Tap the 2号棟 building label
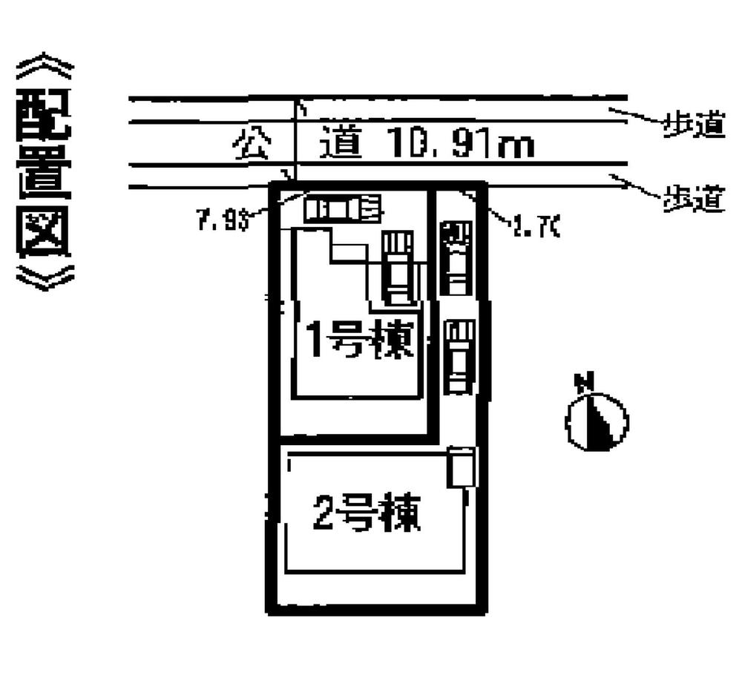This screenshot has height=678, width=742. pos(367,513)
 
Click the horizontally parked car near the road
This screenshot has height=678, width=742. pos(342,207)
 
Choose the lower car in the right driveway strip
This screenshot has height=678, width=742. pos(459,355)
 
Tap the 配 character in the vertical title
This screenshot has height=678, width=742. pos(44,117)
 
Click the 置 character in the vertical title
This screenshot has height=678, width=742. pos(44,173)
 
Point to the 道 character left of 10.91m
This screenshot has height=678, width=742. pos(341,144)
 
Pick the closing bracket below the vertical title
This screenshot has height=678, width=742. pos(44,276)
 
